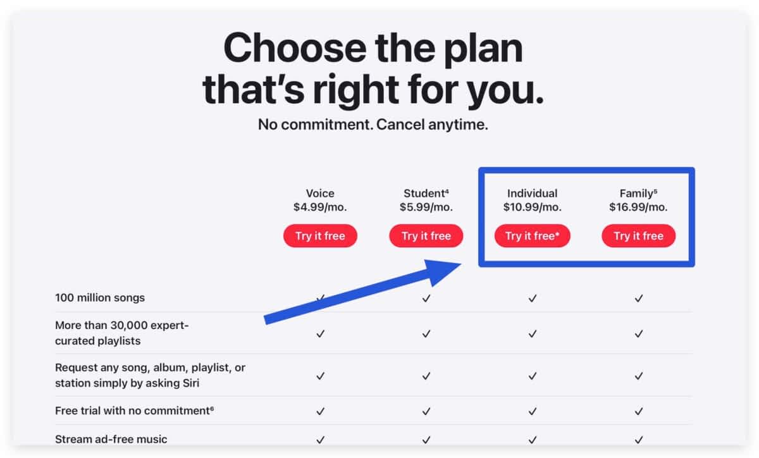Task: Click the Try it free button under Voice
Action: coord(320,235)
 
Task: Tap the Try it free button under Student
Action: coord(426,235)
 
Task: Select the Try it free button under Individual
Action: coord(533,235)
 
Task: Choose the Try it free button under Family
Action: coord(638,235)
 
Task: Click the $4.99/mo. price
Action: coord(320,207)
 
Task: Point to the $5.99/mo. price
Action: coord(426,207)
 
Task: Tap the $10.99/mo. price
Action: coord(533,207)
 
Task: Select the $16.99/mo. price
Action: coord(638,207)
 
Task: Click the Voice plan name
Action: coord(320,193)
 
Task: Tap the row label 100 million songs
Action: coord(100,298)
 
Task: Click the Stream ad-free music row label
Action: coord(111,440)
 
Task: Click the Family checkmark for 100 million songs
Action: coord(639,299)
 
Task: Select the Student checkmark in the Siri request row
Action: coord(426,376)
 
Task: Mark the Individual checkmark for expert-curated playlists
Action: coord(533,334)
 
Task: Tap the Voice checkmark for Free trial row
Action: coord(320,411)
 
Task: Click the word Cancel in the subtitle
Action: coord(400,125)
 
